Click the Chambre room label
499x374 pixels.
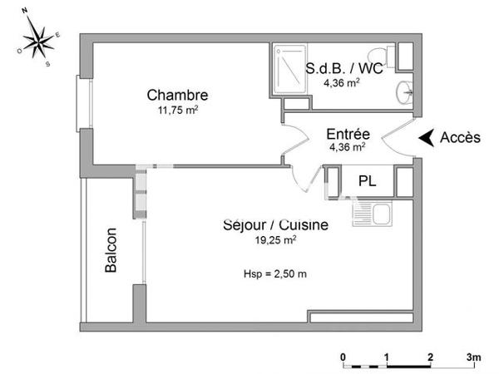click(x=177, y=95)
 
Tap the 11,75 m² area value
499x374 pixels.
click(x=177, y=110)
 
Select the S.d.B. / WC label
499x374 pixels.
click(x=343, y=69)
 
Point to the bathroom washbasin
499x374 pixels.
click(x=404, y=92)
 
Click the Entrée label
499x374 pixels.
click(x=347, y=134)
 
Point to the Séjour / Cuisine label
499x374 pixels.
click(x=275, y=224)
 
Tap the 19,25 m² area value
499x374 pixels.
click(x=275, y=239)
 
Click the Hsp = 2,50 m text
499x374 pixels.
click(x=275, y=273)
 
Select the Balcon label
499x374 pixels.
click(x=111, y=250)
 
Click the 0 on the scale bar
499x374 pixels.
click(x=343, y=357)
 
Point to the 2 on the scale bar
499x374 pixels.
click(x=430, y=357)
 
